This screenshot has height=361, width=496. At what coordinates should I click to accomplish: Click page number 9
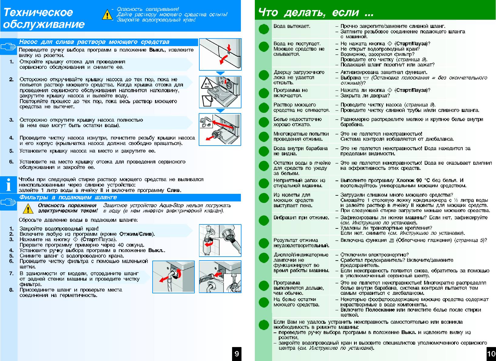point(237,353)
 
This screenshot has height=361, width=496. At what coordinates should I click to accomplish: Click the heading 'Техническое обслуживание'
point(44,18)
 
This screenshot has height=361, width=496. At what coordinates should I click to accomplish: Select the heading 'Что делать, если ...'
point(315,12)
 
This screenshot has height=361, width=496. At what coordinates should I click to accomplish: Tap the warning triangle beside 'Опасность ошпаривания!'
point(107,15)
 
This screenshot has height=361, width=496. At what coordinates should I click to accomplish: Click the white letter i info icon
point(8,184)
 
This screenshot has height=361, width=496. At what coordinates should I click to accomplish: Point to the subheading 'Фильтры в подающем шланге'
point(68,197)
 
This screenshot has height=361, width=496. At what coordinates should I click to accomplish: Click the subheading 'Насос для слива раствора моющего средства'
point(94,42)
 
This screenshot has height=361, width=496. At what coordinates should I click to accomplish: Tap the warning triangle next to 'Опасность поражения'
point(28,208)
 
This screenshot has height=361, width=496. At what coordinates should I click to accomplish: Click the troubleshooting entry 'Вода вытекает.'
point(292,26)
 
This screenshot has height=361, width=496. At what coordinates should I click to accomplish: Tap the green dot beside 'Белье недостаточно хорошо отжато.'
point(264,122)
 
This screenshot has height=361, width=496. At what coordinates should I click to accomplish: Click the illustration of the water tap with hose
point(220,241)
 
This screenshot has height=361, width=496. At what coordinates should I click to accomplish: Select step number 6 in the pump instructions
point(11,162)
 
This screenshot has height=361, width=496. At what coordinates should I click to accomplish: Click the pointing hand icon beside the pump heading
point(8,47)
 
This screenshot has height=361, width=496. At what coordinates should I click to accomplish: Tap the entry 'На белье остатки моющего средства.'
point(296,302)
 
